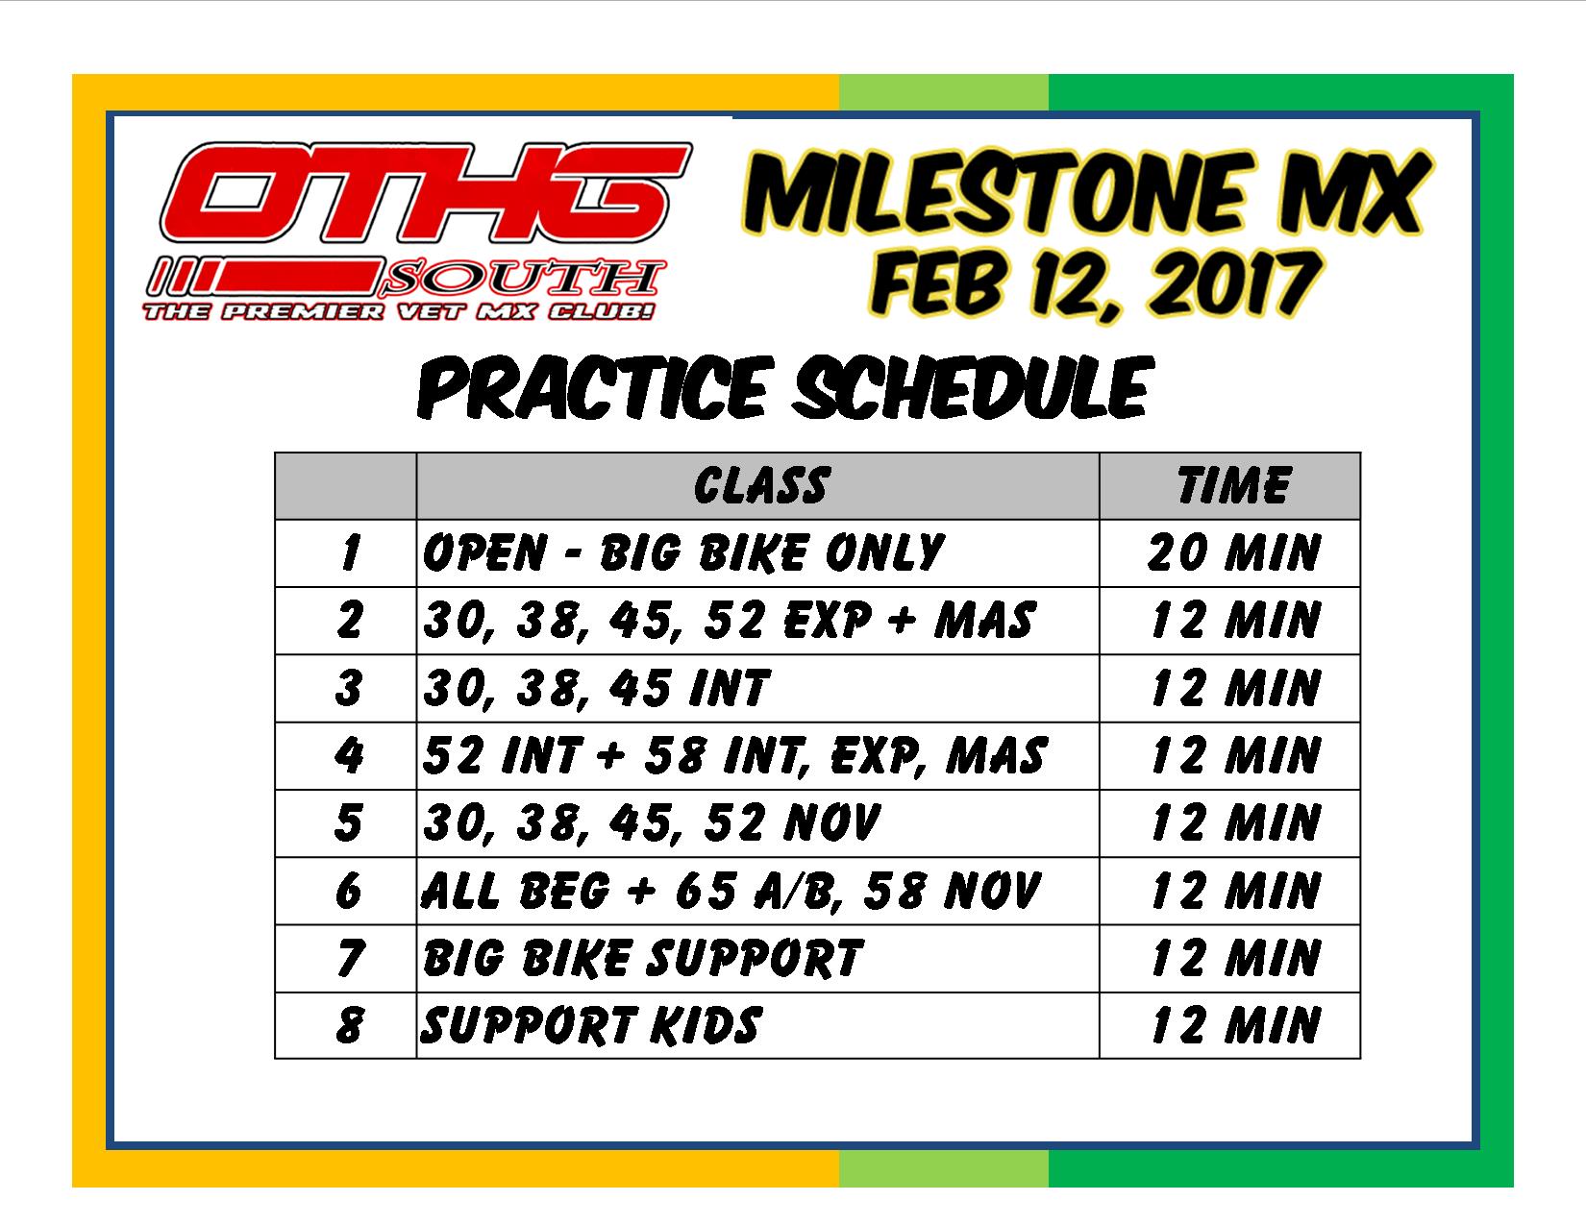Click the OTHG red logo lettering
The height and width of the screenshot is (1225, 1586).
coord(426,192)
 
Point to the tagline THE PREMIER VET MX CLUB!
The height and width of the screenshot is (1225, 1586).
coord(399,311)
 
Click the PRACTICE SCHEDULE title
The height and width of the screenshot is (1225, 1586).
coord(785,387)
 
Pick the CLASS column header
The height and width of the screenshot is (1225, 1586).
coord(762,485)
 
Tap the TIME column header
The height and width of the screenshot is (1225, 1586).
coord(1234,485)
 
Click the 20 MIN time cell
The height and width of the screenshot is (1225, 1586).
coord(1233,553)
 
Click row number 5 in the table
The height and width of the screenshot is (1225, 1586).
coord(348,823)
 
